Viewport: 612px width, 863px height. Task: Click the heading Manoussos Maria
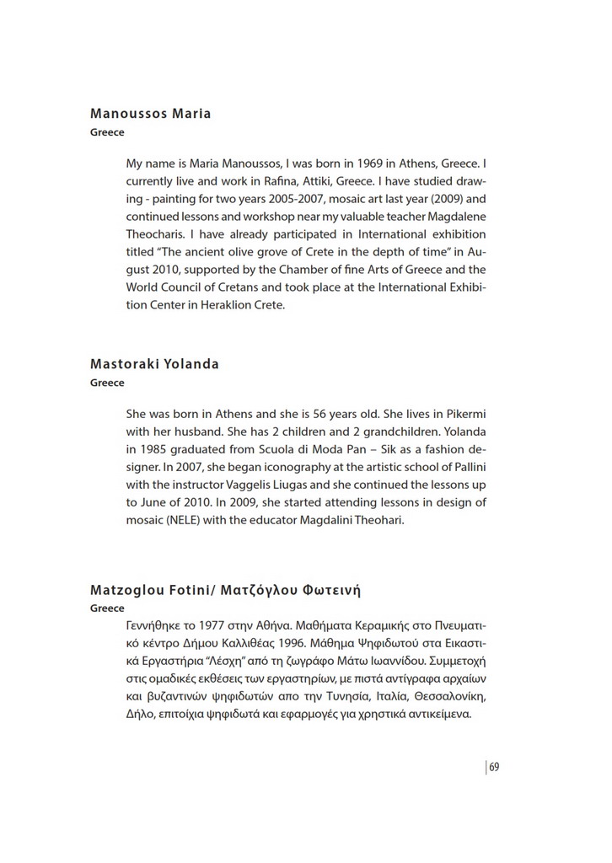[x=150, y=114]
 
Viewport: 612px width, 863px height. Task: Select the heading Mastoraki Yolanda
[x=154, y=364]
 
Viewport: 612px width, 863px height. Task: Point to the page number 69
[x=495, y=767]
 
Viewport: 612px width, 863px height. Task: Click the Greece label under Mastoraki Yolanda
[x=107, y=383]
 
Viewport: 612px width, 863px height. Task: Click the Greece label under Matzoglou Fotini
[x=107, y=608]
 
